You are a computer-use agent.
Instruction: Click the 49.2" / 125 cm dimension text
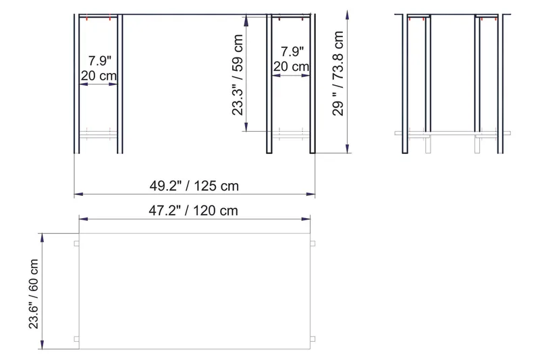tap(194, 184)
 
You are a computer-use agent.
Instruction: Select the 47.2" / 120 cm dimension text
tap(194, 210)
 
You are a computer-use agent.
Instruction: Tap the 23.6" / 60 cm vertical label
tap(34, 290)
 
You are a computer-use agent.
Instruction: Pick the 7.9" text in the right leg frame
tap(292, 51)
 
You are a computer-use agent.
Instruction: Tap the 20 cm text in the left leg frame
tap(99, 76)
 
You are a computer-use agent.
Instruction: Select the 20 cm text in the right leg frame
tap(292, 66)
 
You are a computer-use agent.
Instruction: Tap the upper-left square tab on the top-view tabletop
tap(76, 243)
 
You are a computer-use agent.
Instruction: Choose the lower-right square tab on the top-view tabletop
tap(312, 338)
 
